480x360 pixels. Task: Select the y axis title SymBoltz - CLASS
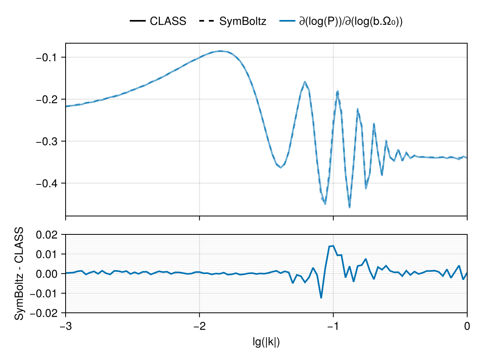(19, 274)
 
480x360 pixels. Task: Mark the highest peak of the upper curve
(220, 51)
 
